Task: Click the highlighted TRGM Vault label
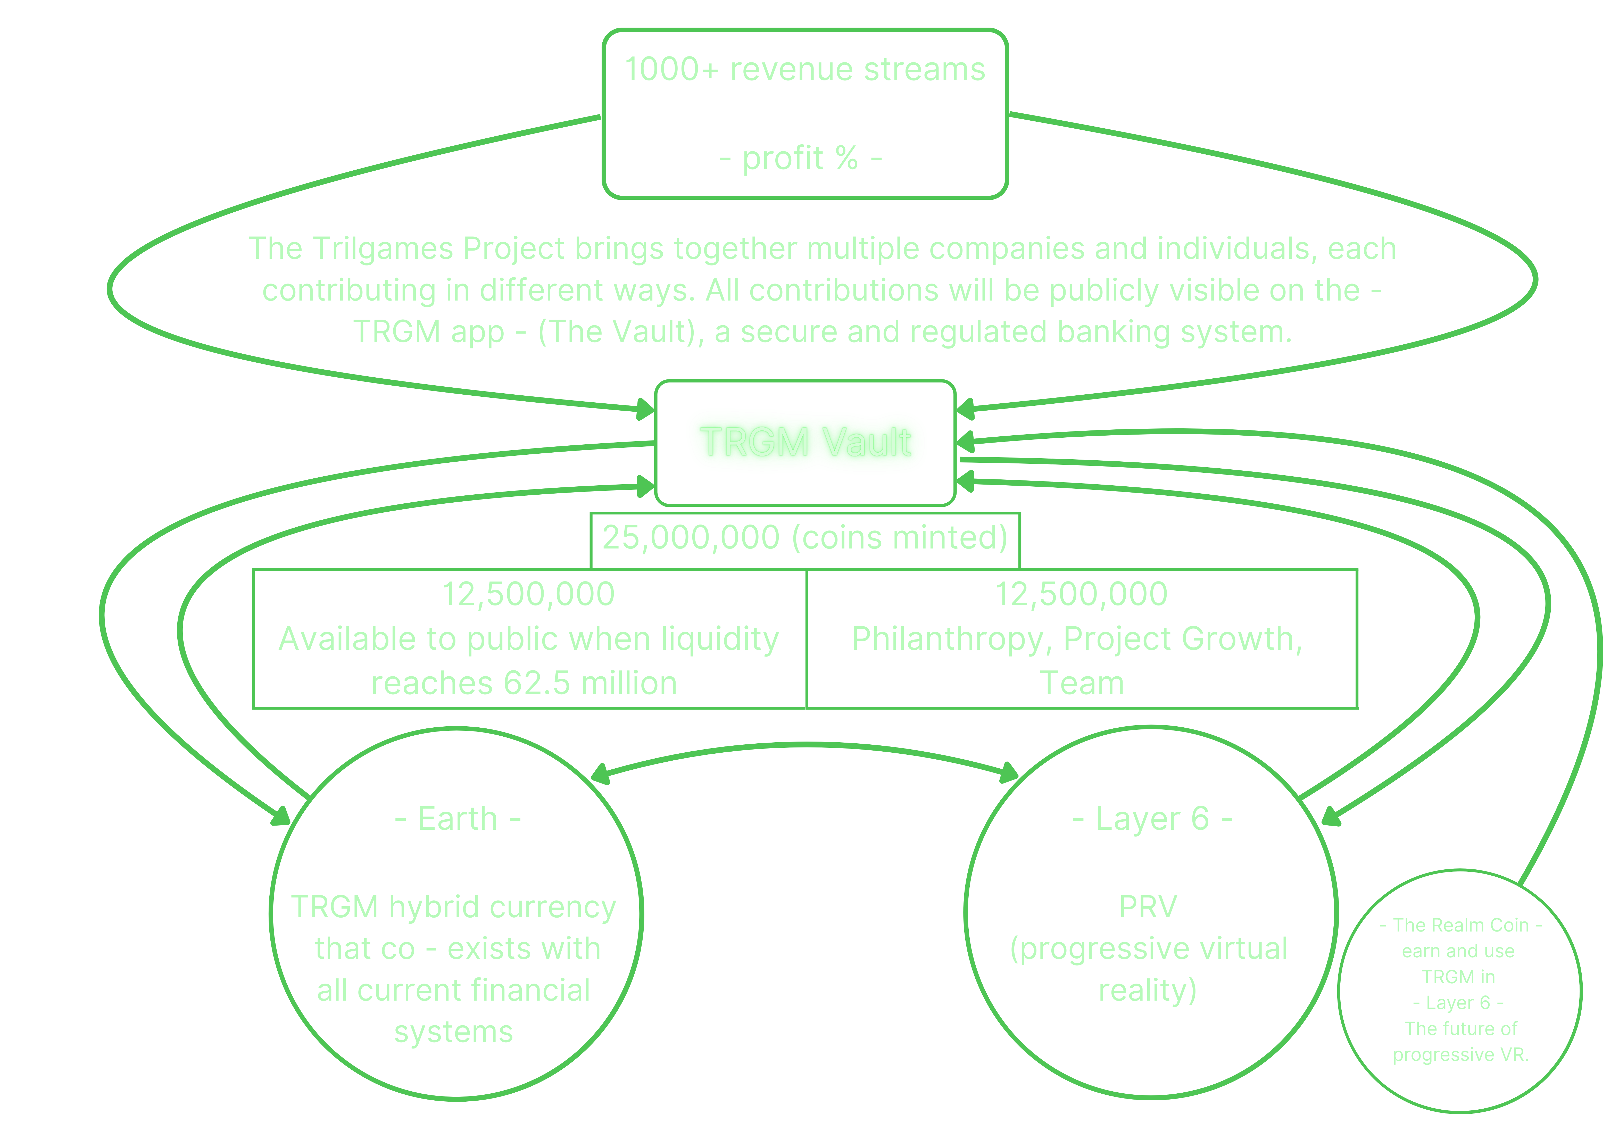pos(805,442)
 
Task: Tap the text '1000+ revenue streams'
pos(805,70)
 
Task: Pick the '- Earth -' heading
pos(458,819)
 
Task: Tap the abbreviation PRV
pos(1148,907)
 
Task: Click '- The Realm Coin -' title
pos(1460,925)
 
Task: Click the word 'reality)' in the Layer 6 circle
pos(1147,990)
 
